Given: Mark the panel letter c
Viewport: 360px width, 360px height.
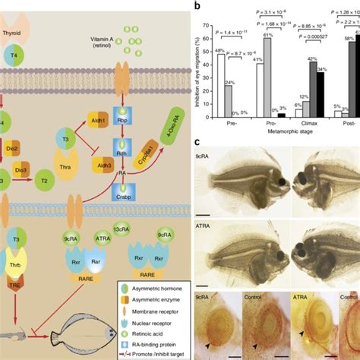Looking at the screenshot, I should tap(197, 143).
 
